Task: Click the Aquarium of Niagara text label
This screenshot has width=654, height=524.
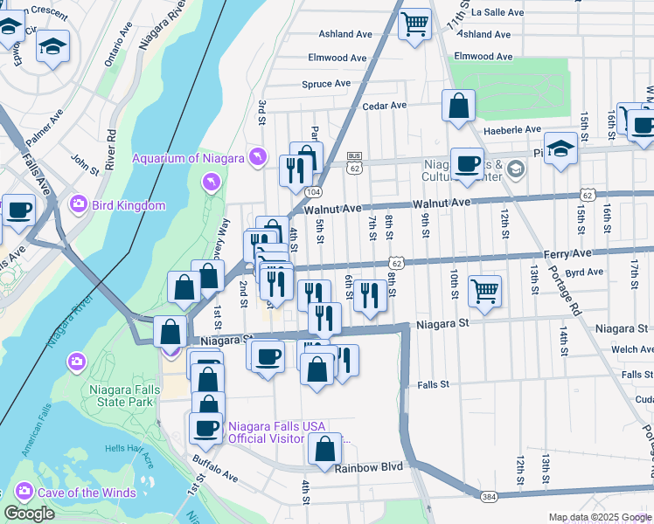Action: [187, 157]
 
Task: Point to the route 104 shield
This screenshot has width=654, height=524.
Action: [312, 190]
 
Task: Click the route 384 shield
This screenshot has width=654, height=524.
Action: [491, 495]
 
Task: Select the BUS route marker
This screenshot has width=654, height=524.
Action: [354, 155]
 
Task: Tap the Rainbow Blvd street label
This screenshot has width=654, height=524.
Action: [369, 467]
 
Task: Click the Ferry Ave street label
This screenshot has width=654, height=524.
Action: [592, 253]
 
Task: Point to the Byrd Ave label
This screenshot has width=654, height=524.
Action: [585, 272]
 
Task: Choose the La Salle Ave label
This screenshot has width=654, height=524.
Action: [497, 13]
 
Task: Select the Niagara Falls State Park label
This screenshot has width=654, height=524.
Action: [122, 396]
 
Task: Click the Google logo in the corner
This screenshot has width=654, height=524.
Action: [29, 514]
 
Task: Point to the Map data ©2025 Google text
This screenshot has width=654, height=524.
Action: [600, 517]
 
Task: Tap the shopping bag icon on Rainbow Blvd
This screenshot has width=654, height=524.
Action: [324, 449]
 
